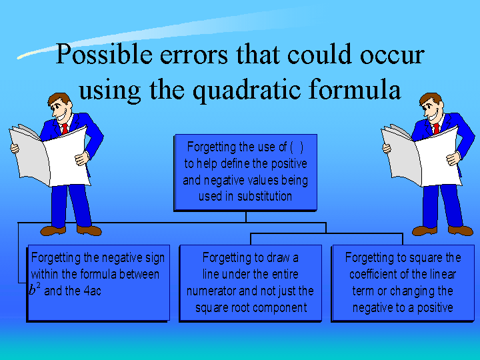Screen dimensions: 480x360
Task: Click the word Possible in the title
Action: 104,55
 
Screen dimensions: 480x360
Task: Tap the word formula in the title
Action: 355,89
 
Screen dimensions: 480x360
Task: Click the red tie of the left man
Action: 65,129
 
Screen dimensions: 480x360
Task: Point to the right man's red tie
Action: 436,129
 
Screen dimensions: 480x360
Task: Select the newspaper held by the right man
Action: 421,155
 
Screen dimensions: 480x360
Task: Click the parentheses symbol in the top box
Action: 297,147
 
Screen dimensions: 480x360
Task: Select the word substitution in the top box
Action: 265,196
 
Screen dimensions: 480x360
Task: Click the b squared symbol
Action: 35,289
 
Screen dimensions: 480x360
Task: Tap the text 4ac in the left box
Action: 92,291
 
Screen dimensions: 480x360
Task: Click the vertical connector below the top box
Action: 246,217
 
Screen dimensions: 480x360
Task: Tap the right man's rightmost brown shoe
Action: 461,231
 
